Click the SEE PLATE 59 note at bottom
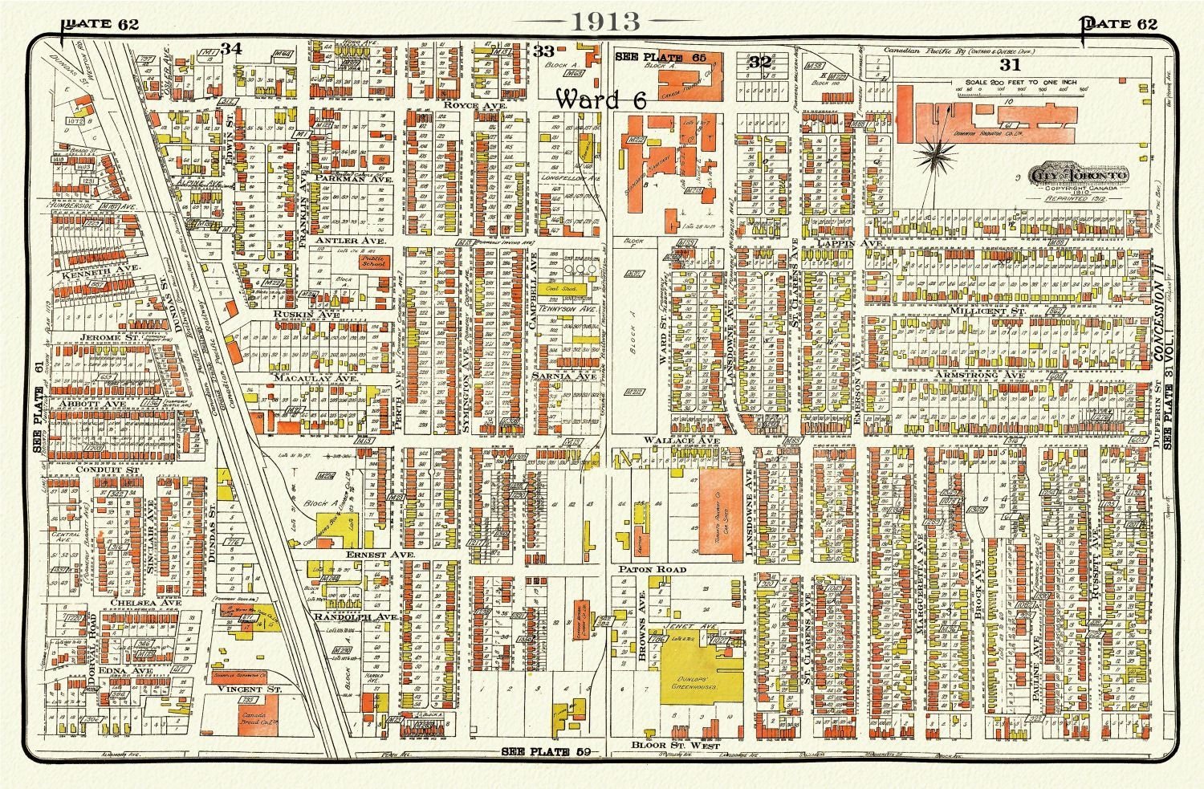547,752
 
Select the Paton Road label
651,569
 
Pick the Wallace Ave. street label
667,441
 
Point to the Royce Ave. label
466,104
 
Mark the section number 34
232,49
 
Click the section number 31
1010,64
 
